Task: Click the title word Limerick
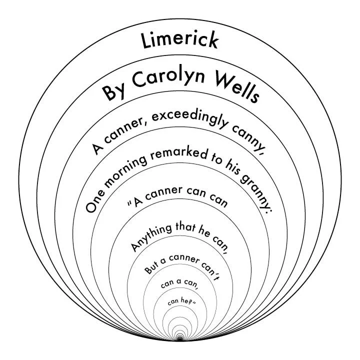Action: [x=180, y=40]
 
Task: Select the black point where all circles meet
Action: [x=180, y=339]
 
